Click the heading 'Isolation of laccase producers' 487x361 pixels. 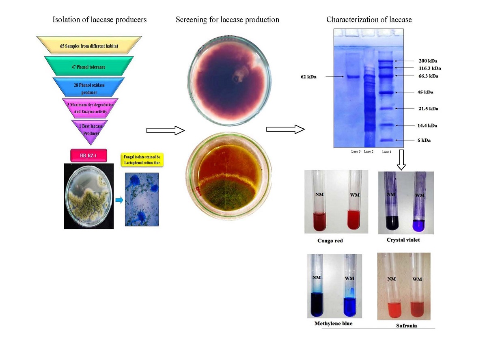[99, 19]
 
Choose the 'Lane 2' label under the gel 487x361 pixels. [368, 151]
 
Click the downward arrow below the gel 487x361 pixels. [401, 160]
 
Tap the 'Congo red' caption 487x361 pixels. [330, 241]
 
